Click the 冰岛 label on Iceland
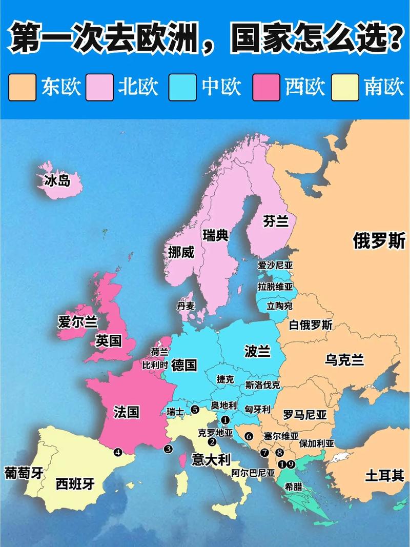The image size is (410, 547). pos(57,180)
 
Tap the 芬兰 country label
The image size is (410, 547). pos(276,221)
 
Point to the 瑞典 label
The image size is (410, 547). pos(216,236)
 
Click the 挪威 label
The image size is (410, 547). pos(182,252)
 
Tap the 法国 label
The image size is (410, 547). pos(126,412)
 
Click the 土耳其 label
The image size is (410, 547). pos(384,475)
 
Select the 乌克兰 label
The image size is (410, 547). pos(344,360)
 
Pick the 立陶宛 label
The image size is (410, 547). pos(279,306)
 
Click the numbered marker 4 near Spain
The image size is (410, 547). pos(118,452)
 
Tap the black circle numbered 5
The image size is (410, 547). pos(195,409)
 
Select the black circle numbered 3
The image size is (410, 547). pos(168,450)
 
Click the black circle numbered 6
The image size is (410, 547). pos(249,436)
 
